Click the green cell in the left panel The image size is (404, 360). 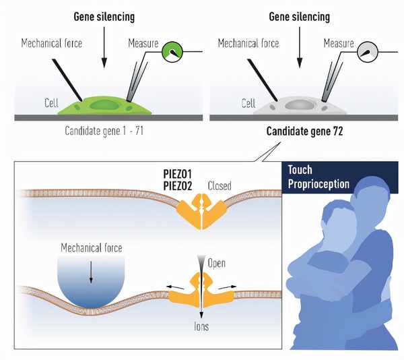point(104,107)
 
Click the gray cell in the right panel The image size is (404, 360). point(300,106)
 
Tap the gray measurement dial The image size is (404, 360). point(367,51)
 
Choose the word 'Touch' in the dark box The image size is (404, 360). point(300,170)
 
